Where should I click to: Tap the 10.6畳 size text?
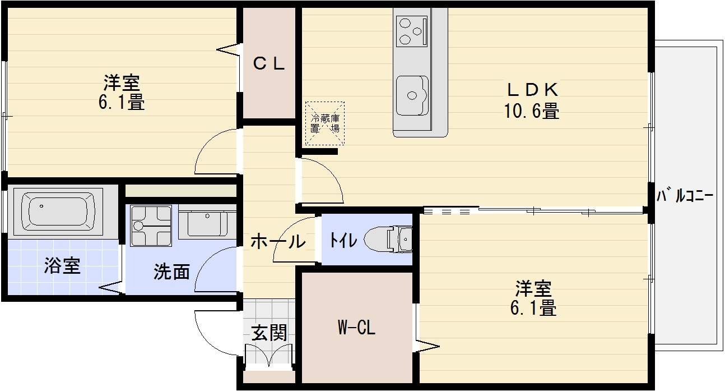point(532,111)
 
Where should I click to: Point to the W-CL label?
point(356,328)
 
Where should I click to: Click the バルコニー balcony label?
point(684,196)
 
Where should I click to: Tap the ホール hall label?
point(277,242)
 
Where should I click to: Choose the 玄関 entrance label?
point(269,333)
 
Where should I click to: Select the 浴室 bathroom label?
point(62,266)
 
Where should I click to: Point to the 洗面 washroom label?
point(171,272)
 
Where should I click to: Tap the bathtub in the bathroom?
point(58,209)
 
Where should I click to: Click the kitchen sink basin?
point(412,93)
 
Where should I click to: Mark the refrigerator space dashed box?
point(324,123)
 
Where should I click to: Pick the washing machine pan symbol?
point(151,226)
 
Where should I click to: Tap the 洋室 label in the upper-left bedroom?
point(121,83)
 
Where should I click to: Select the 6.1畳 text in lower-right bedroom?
point(533,308)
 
